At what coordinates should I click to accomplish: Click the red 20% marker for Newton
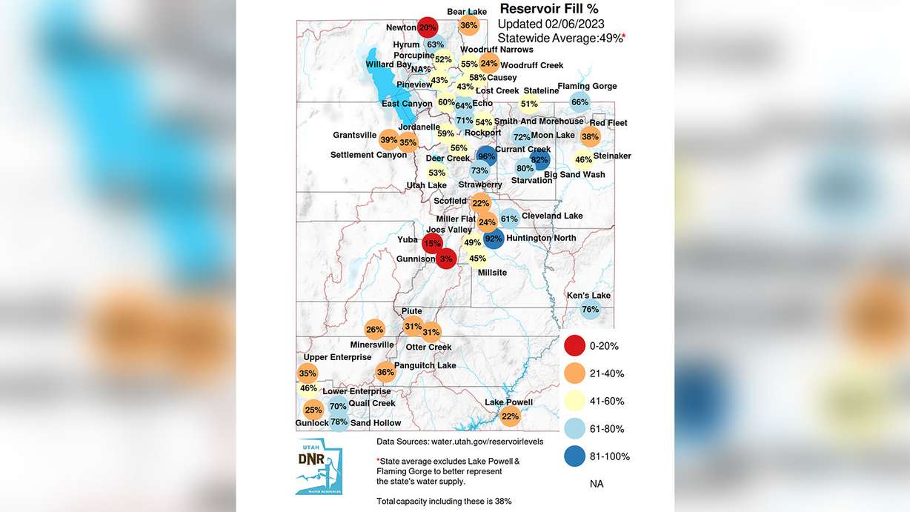coord(427,27)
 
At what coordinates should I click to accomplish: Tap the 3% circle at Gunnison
coord(445,259)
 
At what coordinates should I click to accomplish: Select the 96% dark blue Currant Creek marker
coord(487,156)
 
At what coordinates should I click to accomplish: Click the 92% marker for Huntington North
coord(494,239)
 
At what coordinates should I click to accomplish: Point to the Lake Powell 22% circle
coord(510,416)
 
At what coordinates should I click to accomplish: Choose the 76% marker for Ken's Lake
coord(591,309)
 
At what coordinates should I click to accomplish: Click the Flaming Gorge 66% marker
coord(580,102)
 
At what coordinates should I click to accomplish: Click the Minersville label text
coord(372,345)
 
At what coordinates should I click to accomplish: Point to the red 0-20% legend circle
coord(574,346)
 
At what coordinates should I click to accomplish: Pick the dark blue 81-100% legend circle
coord(574,456)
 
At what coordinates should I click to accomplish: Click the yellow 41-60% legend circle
coord(574,401)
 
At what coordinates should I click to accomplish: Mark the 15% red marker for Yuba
coord(432,243)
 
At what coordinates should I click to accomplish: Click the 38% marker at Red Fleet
coord(591,136)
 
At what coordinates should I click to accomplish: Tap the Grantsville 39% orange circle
coord(388,139)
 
